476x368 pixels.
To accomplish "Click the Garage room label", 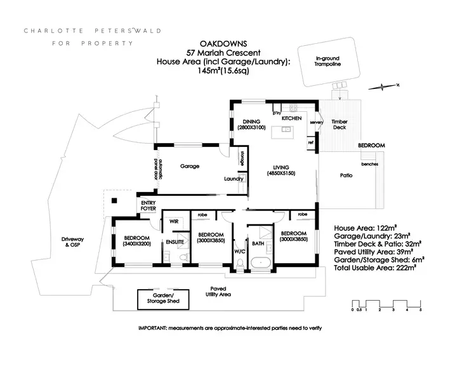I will click(x=190, y=167).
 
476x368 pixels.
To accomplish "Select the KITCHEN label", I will click(x=291, y=118).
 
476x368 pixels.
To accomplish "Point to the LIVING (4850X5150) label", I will click(x=282, y=170).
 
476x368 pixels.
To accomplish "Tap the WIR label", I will click(x=173, y=221).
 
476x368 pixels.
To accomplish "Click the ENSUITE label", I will click(x=175, y=242).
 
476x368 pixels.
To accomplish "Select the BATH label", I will click(x=258, y=242).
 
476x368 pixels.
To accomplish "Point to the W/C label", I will click(x=239, y=250).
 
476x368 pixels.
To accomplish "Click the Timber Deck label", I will click(x=340, y=124).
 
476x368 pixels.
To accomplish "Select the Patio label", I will click(x=346, y=175).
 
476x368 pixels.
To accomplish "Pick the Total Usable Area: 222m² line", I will click(x=374, y=268).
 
